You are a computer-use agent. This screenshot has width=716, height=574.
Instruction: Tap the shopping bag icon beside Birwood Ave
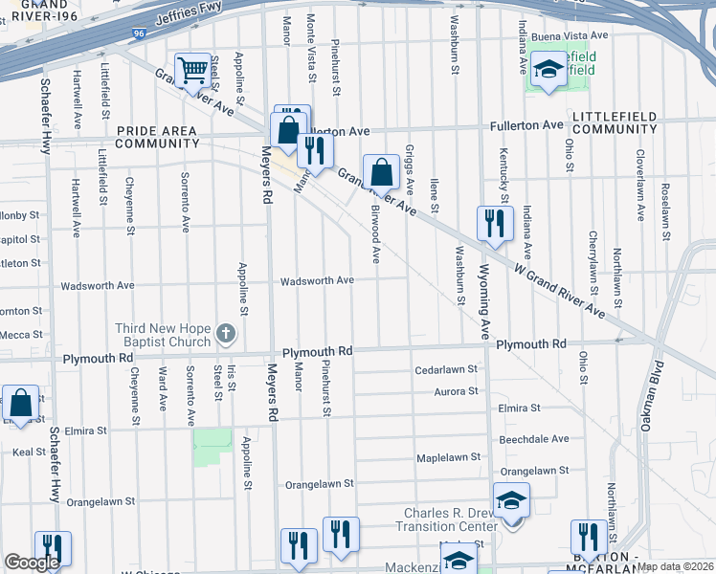click(x=380, y=173)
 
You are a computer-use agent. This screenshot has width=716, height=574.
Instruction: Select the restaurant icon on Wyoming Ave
click(x=495, y=224)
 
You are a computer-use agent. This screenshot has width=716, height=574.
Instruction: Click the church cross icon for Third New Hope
click(x=225, y=334)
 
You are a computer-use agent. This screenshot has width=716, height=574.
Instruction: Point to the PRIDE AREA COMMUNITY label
click(x=157, y=137)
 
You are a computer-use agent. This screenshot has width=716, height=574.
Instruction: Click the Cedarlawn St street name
click(x=445, y=370)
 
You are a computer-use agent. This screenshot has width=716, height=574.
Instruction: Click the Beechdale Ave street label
click(x=533, y=439)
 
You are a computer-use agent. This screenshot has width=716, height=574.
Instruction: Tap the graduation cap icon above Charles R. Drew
click(x=510, y=501)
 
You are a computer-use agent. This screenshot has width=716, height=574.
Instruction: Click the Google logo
click(x=32, y=563)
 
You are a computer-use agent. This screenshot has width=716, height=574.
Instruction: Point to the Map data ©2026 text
click(x=675, y=566)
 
